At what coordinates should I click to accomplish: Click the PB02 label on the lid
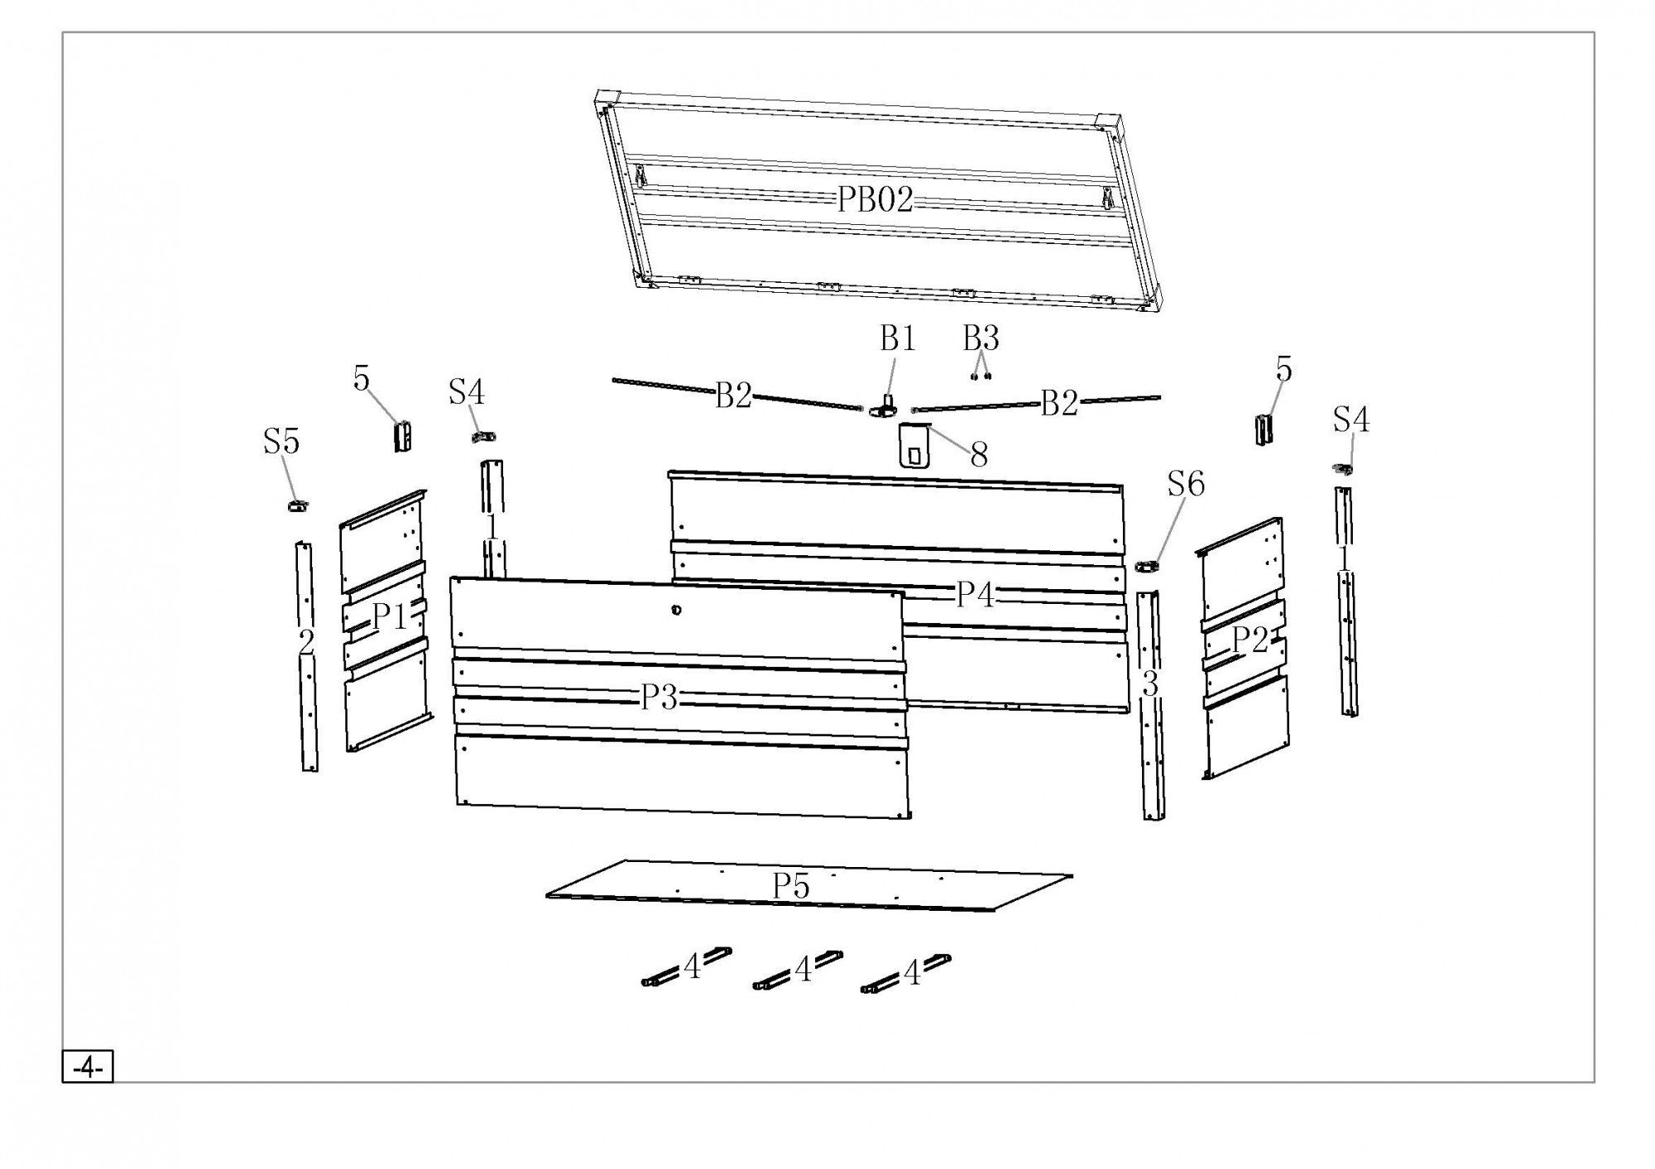pos(875,199)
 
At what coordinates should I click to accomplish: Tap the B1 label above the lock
pos(897,338)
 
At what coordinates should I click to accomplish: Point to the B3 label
pos(981,338)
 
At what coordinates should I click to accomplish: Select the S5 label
pos(281,442)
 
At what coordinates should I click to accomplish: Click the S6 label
pos(1186,484)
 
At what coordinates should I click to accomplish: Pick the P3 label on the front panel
pos(660,698)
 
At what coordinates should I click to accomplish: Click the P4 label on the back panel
pos(975,594)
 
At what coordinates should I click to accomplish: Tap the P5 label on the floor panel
pos(790,886)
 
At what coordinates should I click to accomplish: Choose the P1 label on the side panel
pos(390,616)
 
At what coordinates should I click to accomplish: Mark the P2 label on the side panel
pos(1250,640)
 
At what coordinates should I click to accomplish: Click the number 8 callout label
pos(979,454)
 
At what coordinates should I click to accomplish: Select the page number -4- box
pos(88,1068)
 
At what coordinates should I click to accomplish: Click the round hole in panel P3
pos(677,610)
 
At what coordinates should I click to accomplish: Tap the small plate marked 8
pos(914,448)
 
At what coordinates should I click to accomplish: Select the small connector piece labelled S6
pos(1147,566)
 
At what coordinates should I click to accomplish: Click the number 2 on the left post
pos(306,641)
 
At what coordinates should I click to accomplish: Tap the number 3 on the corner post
pos(1150,684)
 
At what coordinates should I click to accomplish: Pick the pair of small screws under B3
pos(981,376)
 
